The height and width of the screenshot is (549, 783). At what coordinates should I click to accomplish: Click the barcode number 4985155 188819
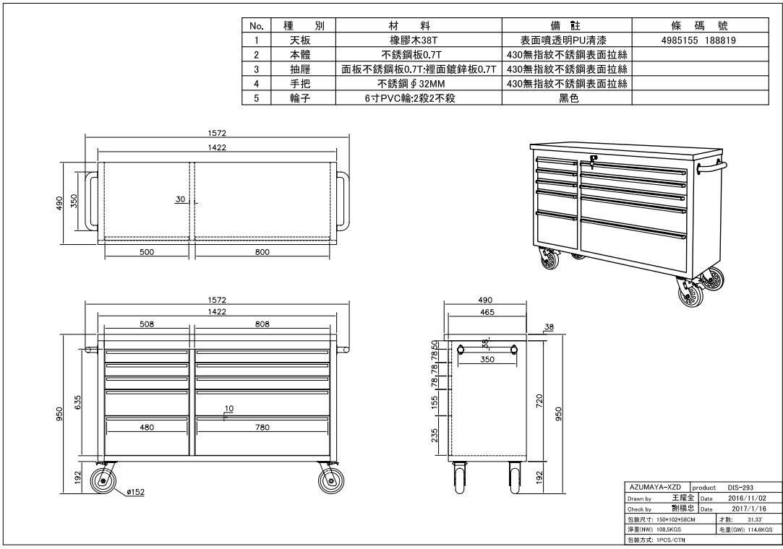tap(700, 40)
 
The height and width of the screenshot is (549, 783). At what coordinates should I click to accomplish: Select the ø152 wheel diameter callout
tap(135, 492)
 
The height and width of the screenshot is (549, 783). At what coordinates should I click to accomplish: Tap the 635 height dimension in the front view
tap(78, 403)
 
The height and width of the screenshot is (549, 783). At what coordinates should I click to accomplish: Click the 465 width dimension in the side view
tap(487, 313)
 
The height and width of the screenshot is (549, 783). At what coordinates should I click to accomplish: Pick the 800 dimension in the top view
tap(262, 252)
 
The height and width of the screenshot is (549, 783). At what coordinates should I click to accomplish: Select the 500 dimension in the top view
tap(147, 252)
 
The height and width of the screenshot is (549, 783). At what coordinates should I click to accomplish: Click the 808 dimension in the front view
tap(262, 324)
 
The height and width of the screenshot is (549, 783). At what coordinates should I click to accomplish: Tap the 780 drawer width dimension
tap(262, 427)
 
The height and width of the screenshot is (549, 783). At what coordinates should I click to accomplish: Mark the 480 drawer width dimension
tap(147, 427)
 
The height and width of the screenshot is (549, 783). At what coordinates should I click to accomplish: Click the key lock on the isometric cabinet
tap(592, 160)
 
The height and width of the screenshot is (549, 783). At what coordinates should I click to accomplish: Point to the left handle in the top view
tap(91, 201)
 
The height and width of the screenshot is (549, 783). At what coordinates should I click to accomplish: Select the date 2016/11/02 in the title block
tap(747, 498)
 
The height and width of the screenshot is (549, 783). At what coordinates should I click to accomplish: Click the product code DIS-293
tap(740, 488)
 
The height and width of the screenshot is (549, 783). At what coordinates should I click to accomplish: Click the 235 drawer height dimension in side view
tap(435, 435)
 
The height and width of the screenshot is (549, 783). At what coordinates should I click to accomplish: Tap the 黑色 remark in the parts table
tap(569, 98)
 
